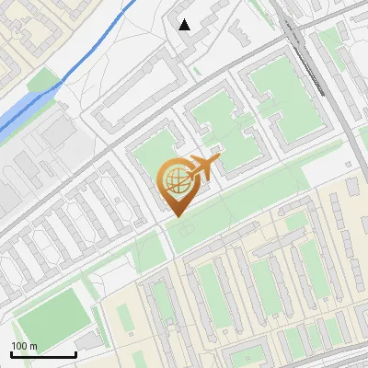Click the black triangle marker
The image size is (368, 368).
(185, 25)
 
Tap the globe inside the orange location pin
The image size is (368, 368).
(176, 179)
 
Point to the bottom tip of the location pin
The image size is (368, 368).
(176, 216)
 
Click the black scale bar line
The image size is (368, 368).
(43, 355)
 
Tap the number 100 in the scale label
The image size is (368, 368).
(19, 346)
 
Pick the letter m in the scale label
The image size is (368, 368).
(33, 346)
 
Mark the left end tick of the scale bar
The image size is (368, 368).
(12, 353)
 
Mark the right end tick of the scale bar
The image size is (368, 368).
(75, 353)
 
